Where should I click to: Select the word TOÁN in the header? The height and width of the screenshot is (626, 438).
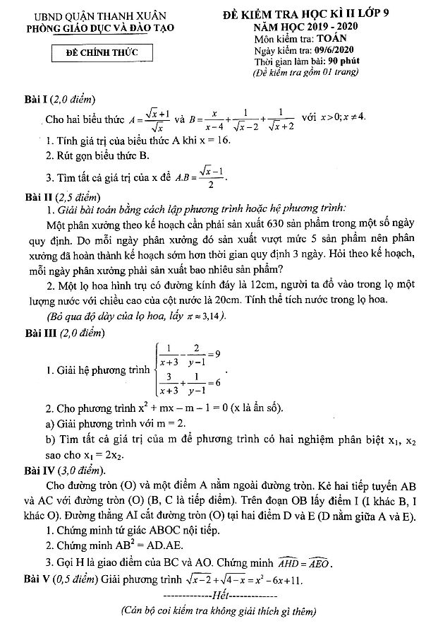coord(329,40)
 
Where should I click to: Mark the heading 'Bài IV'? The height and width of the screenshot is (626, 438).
coord(35,470)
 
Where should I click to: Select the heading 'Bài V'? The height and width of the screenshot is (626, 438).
coord(32,580)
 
